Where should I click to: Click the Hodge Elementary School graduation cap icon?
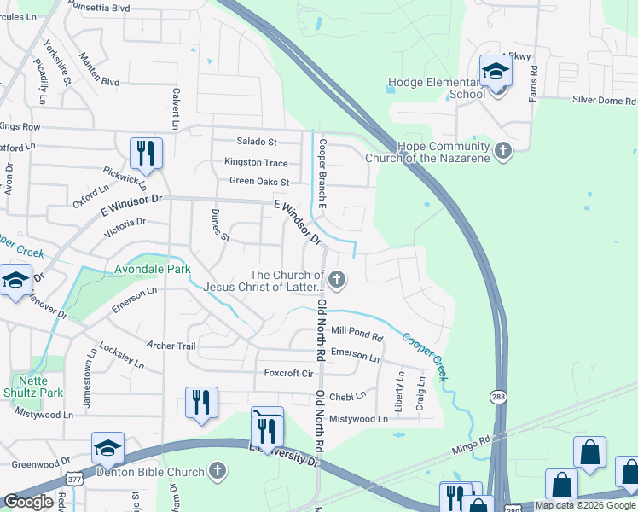[495, 71]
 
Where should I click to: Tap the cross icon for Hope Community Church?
[503, 152]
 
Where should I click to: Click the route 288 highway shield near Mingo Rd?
[498, 397]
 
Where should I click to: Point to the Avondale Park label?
[154, 269]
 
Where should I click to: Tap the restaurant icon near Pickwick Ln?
[146, 153]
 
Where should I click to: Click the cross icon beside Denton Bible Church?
[217, 471]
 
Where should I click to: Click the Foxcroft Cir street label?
[289, 373]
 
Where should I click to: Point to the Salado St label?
[257, 142]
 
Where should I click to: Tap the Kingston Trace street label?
[256, 162]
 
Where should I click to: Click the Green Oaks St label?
[259, 182]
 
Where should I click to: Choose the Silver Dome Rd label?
[605, 100]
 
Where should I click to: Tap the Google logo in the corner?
[28, 501]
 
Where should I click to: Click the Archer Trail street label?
[171, 346]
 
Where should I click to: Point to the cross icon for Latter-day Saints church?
[338, 279]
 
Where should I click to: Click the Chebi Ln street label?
[347, 396]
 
